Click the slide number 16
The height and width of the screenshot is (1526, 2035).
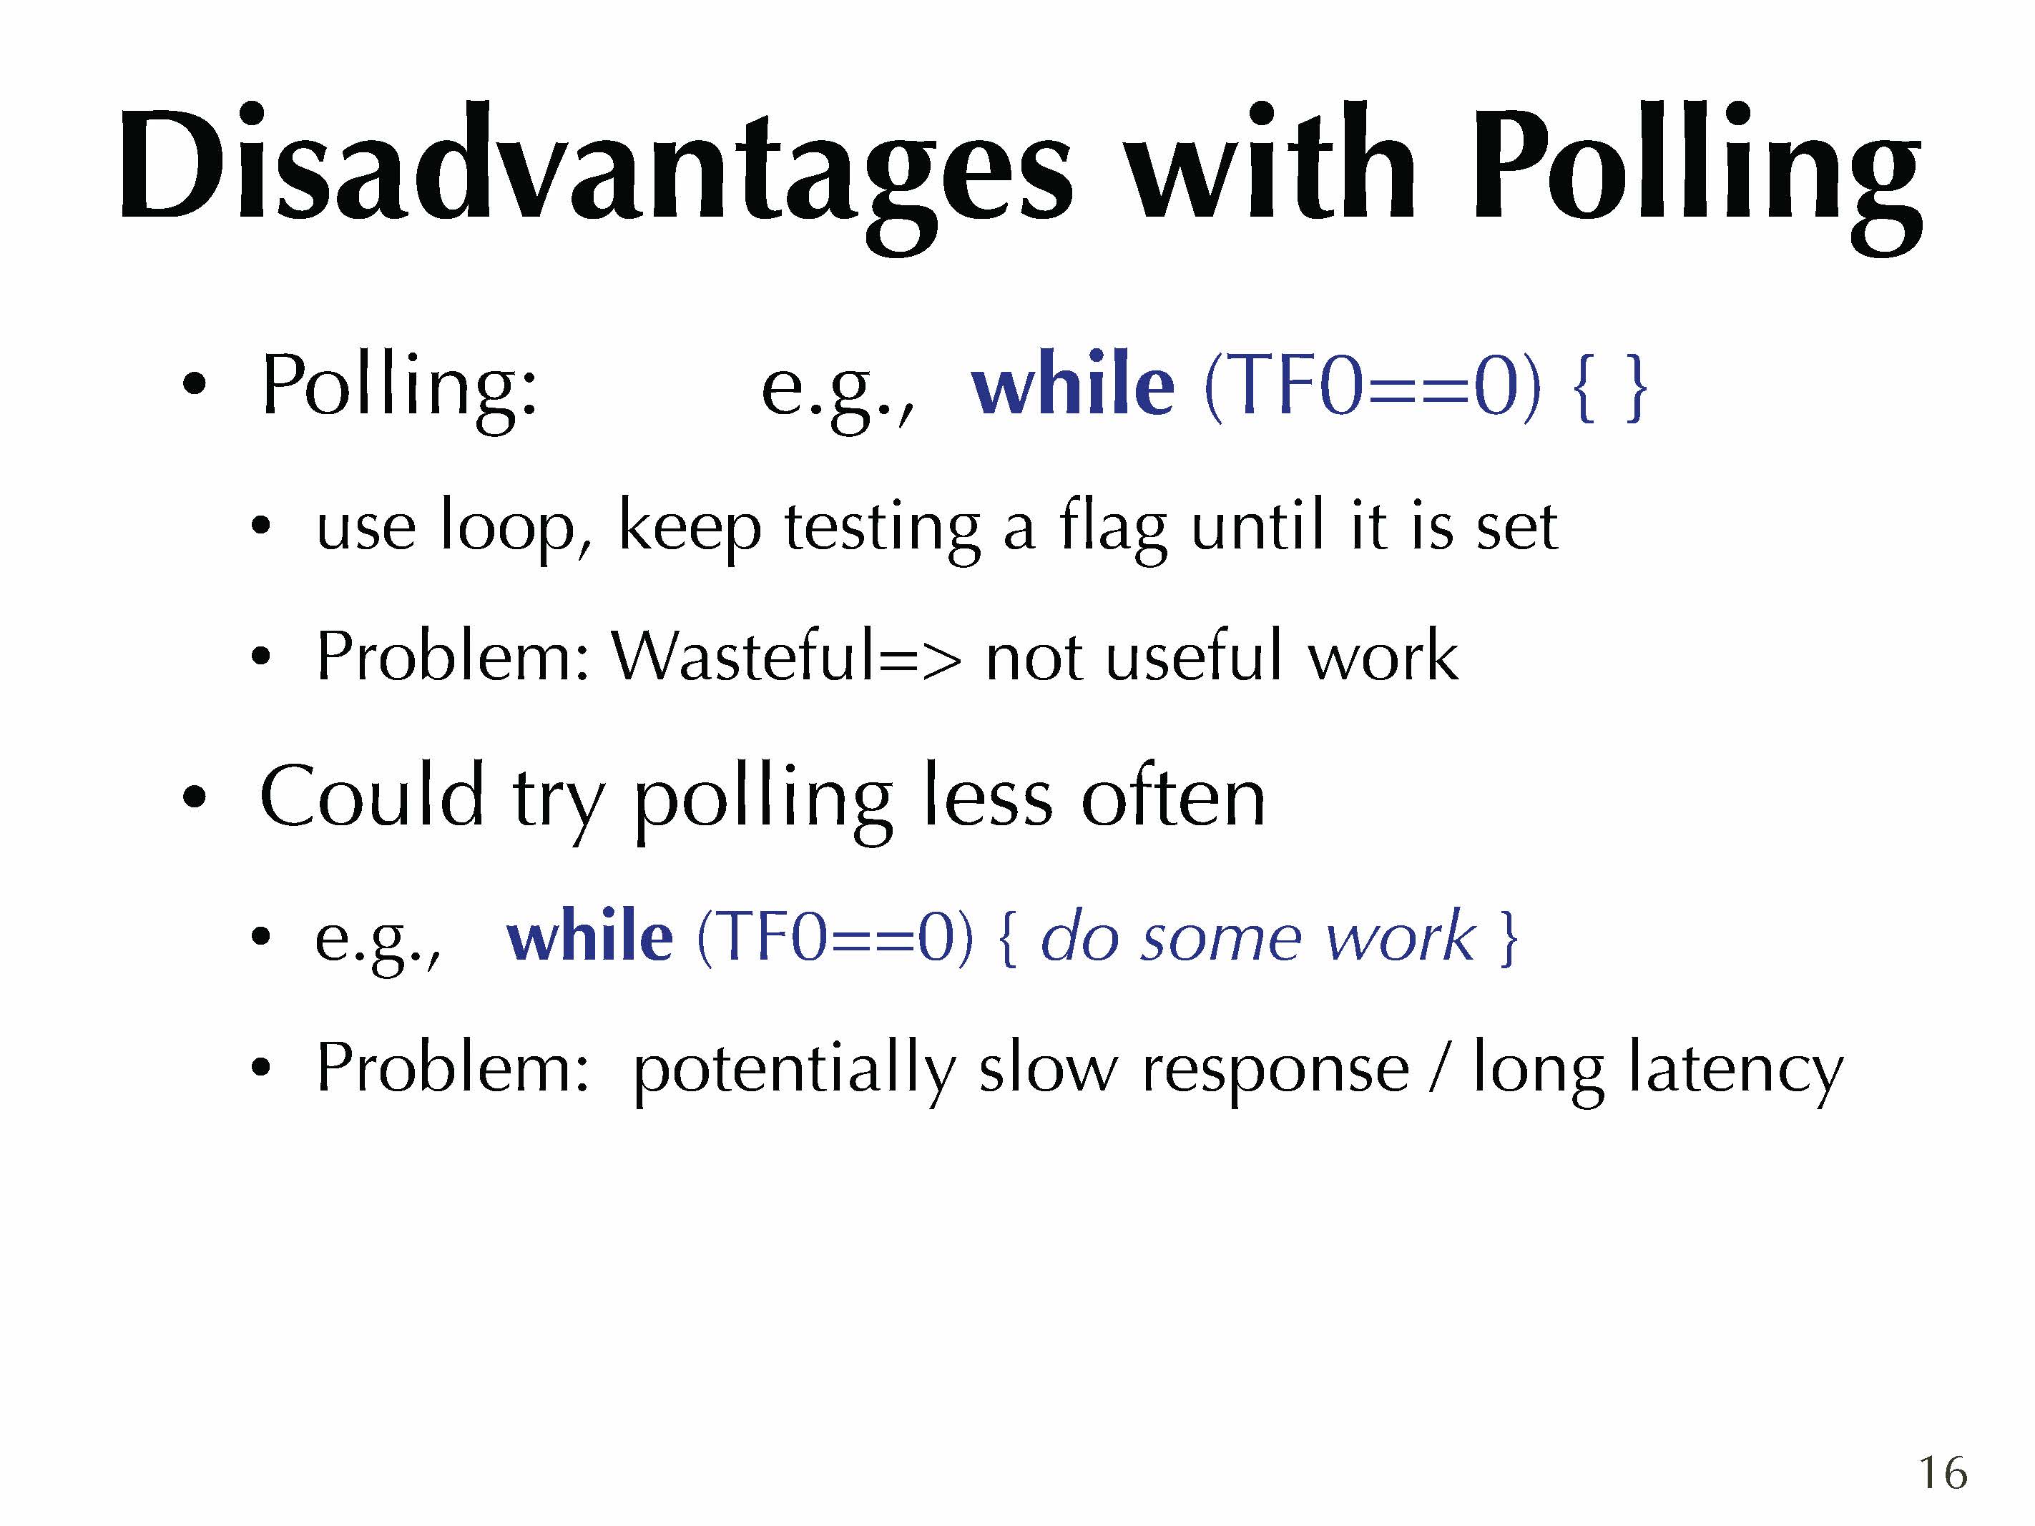tap(1942, 1472)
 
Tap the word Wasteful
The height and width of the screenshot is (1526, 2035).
tap(745, 656)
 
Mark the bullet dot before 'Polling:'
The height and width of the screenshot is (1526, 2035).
tap(194, 385)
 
